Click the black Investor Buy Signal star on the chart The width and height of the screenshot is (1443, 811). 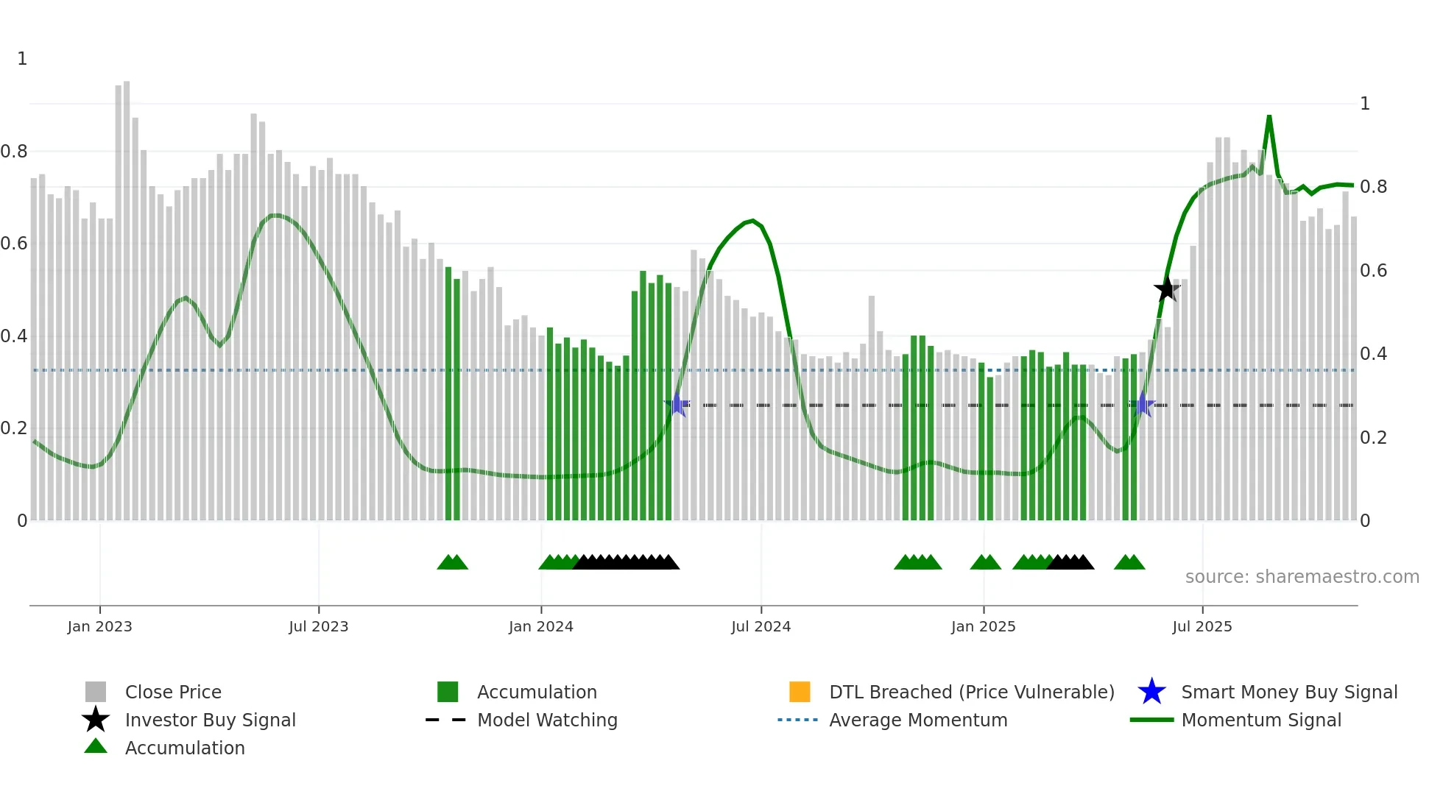1166,289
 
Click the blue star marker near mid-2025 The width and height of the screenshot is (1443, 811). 1143,404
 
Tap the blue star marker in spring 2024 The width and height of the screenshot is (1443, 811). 677,405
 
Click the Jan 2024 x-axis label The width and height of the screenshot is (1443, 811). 540,626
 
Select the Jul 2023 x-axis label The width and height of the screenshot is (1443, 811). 318,626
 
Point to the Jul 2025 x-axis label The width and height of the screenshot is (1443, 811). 1202,626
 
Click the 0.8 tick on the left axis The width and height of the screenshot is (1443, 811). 14,152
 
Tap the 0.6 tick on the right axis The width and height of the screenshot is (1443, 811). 1373,271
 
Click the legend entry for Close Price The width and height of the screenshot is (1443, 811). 173,692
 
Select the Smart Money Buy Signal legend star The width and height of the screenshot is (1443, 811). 1151,692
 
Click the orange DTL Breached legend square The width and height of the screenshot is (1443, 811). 800,692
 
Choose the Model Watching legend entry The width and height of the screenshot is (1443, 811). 546,720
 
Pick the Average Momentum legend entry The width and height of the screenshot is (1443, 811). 917,720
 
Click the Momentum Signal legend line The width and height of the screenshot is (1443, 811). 1152,720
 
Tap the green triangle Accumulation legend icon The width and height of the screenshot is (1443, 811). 96,747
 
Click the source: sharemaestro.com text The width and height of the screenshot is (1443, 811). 1302,577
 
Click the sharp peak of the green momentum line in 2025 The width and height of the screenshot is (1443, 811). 1269,116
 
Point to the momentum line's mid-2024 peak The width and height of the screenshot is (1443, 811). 752,220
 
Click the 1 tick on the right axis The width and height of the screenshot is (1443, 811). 1365,104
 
